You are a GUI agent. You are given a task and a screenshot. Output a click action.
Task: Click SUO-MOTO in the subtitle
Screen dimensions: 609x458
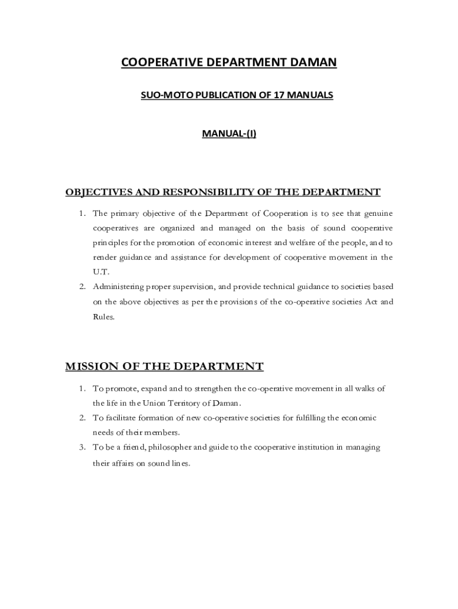(161, 95)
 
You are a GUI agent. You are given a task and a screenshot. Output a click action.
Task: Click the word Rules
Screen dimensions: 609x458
(103, 316)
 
